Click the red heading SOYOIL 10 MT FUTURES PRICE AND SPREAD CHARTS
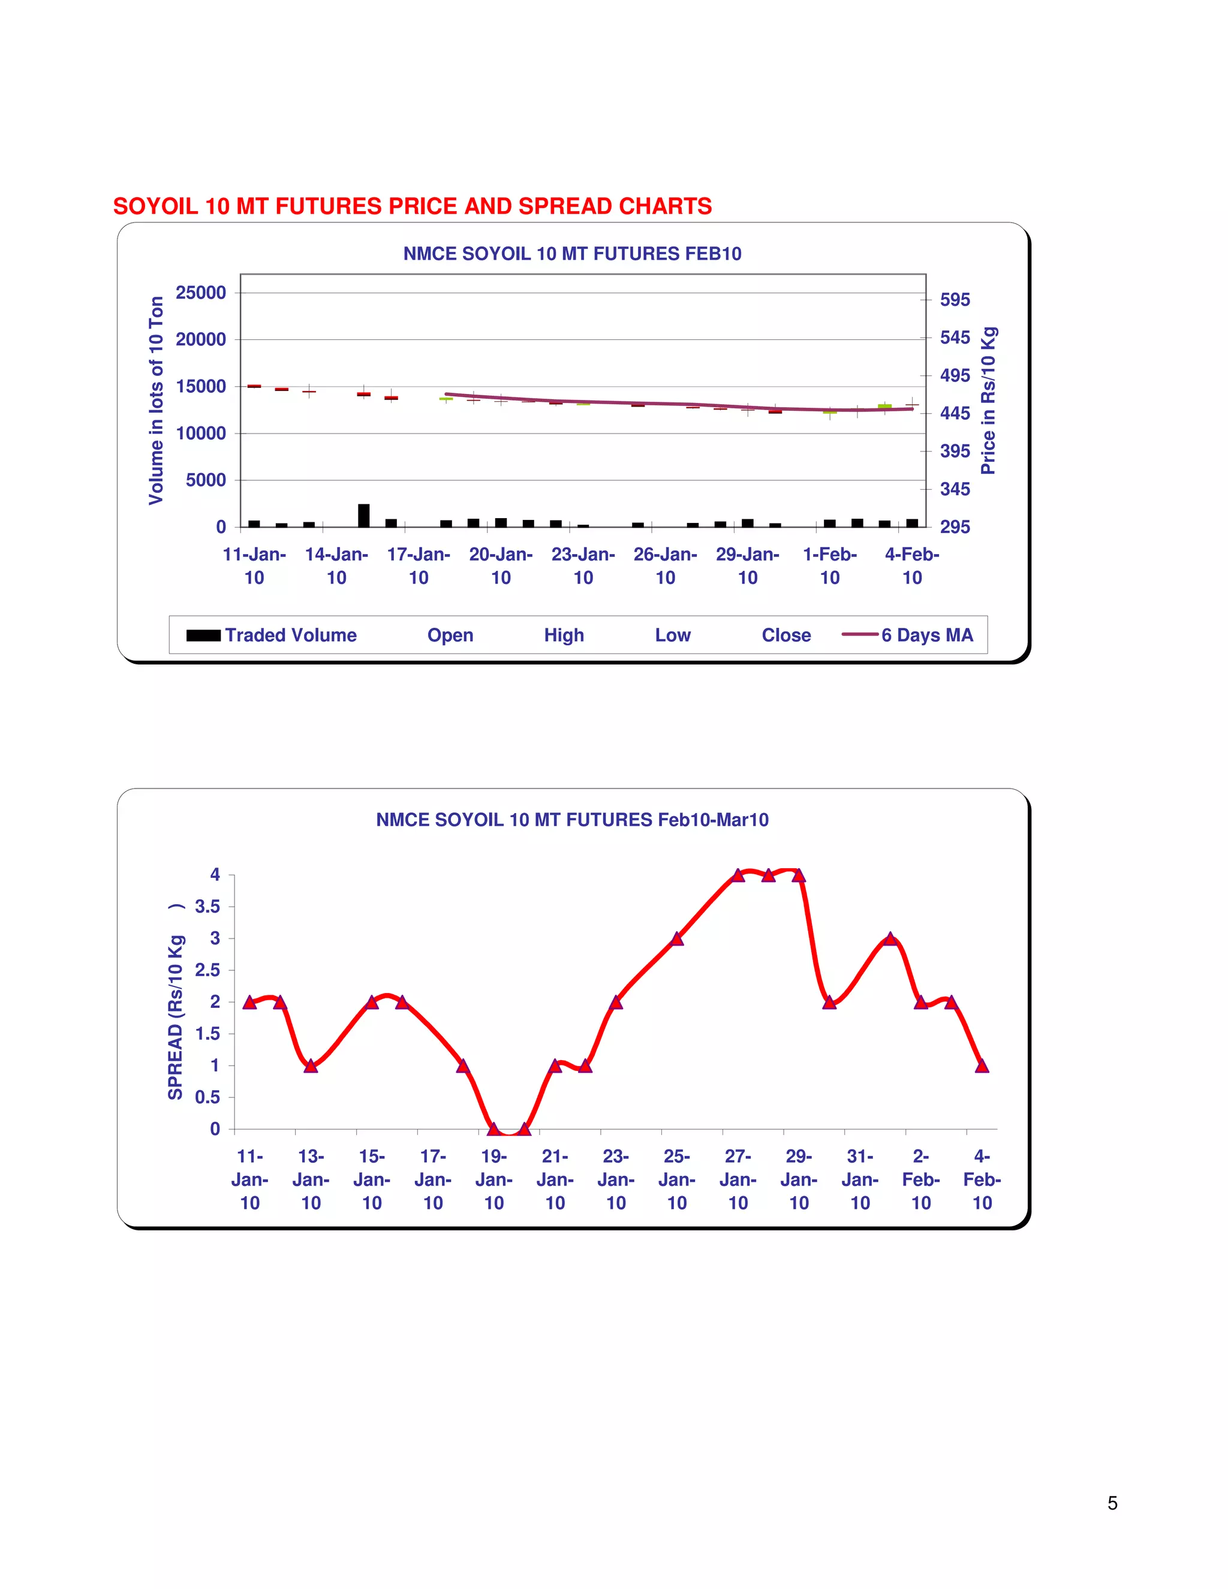pyautogui.click(x=412, y=207)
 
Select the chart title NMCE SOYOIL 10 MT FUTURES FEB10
pyautogui.click(x=572, y=254)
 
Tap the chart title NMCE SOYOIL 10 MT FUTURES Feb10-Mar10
pyautogui.click(x=572, y=820)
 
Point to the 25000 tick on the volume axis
pyautogui.click(x=201, y=293)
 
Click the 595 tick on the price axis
pyautogui.click(x=955, y=300)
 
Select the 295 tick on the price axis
pyautogui.click(x=955, y=526)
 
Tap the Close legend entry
pyautogui.click(x=785, y=635)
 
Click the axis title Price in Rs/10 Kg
pyautogui.click(x=988, y=401)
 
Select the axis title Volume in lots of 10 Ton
pyautogui.click(x=156, y=400)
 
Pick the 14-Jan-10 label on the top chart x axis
pyautogui.click(x=336, y=566)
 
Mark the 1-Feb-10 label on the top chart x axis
pyautogui.click(x=829, y=566)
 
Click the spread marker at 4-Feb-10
pyautogui.click(x=982, y=1066)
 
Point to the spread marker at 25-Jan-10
pyautogui.click(x=676, y=938)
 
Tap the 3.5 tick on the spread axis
pyautogui.click(x=207, y=907)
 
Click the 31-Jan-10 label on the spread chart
pyautogui.click(x=860, y=1179)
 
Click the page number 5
pyautogui.click(x=1112, y=1503)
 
